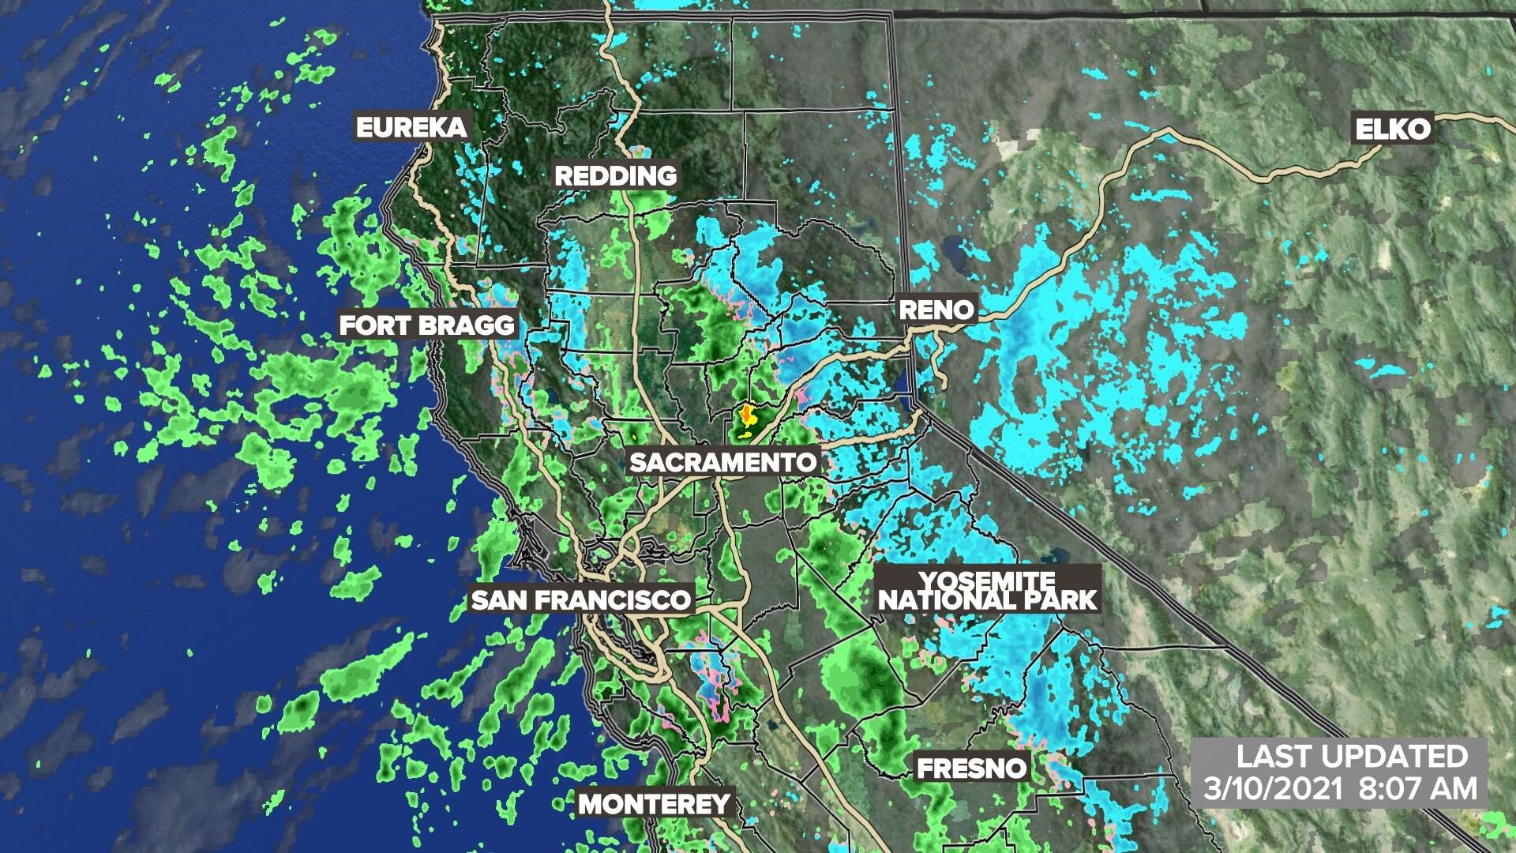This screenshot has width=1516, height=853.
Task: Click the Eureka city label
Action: point(411,127)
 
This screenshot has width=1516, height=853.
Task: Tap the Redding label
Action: point(616,175)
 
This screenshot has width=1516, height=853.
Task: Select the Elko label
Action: point(1393,129)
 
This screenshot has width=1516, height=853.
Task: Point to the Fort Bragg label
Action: point(426,325)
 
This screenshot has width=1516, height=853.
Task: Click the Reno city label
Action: point(937,309)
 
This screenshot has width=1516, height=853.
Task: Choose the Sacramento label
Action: point(722,462)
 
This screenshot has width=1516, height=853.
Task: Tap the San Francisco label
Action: point(580,599)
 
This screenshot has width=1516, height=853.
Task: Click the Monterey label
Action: point(655,804)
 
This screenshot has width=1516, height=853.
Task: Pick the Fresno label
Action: point(971,768)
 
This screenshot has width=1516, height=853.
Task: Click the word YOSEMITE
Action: point(987,581)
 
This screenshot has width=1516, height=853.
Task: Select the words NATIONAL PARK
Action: point(988,600)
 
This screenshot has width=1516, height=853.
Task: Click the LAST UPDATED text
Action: point(1352,756)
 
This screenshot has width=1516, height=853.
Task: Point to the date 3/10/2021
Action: point(1273,787)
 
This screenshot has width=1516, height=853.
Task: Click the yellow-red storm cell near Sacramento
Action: point(745,413)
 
